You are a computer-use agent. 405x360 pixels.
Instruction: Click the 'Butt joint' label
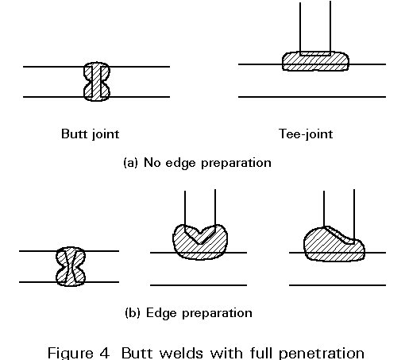[x=90, y=134]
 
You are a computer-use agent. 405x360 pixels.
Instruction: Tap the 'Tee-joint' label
[x=306, y=134]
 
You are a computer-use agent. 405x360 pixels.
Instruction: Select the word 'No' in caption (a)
[x=152, y=162]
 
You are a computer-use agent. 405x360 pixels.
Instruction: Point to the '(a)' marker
[x=130, y=163]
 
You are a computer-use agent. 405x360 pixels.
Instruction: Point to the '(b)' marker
[x=132, y=313]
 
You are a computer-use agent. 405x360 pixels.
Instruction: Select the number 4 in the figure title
[x=105, y=353]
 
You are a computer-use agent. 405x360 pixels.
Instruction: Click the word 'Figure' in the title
[x=71, y=354]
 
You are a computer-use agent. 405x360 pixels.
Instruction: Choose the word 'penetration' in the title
[x=322, y=354]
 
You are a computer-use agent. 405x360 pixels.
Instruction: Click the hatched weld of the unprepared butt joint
[x=97, y=82]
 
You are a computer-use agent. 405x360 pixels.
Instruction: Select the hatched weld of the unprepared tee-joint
[x=315, y=63]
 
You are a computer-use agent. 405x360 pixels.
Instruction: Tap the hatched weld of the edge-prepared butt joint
[x=71, y=266]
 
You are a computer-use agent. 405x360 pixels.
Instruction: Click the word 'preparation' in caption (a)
[x=237, y=163]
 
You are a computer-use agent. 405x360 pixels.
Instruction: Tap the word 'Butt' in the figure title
[x=137, y=353]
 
